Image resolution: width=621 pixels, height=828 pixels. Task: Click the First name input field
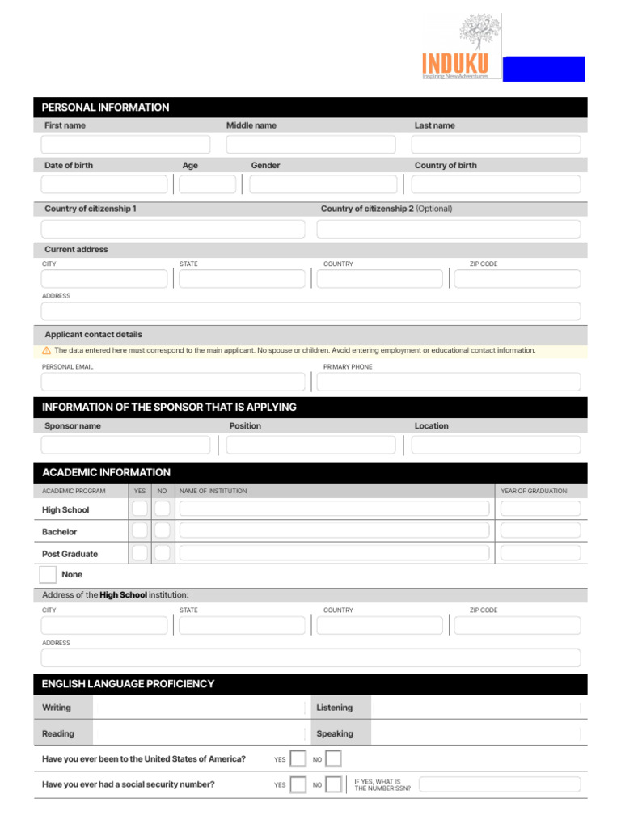[125, 145]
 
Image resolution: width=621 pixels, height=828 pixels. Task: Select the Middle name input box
[310, 145]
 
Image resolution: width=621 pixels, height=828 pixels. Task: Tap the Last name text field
[496, 145]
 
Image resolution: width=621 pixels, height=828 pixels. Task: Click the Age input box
[207, 184]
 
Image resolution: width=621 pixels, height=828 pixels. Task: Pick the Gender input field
[323, 184]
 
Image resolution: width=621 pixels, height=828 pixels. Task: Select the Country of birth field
[496, 184]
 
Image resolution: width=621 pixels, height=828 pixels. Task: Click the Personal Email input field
[173, 382]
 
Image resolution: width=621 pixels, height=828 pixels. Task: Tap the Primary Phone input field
[448, 382]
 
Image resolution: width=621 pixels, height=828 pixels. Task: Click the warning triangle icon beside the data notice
[46, 351]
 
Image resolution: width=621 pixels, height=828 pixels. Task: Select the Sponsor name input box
[125, 445]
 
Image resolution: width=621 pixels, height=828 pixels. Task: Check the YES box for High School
[140, 509]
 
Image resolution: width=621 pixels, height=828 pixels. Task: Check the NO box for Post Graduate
[163, 553]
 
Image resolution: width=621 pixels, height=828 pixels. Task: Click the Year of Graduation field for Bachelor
[540, 530]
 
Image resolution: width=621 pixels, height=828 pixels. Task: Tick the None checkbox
[49, 575]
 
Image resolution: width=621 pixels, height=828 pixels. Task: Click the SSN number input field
[499, 784]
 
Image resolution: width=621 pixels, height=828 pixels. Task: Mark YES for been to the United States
[298, 758]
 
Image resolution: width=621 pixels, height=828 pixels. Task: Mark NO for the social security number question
[333, 784]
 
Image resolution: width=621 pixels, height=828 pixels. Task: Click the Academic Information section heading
[106, 472]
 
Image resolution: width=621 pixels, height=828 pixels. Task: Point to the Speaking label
[335, 733]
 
